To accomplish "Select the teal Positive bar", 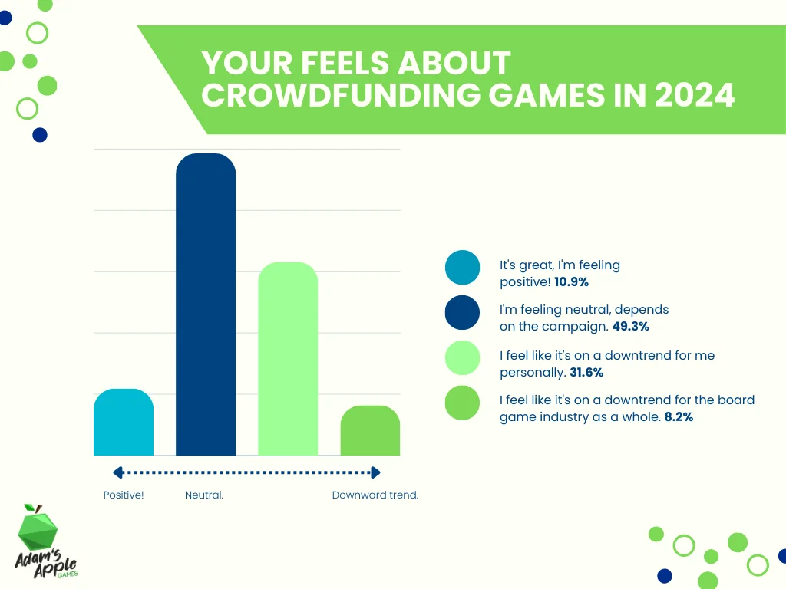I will coord(124,423).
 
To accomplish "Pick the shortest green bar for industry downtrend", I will coord(370,431).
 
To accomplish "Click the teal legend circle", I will coord(462,268).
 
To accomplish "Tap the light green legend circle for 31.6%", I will coord(462,358).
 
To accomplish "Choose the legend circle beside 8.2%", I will coord(462,403).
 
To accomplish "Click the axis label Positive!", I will coord(124,495).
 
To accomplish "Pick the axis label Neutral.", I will coord(204,495).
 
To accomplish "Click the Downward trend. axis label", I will coord(375,495).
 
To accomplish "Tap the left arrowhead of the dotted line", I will coord(117,473).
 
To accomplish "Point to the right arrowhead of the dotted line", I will coord(375,473).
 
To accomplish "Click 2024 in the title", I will coord(695,97).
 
